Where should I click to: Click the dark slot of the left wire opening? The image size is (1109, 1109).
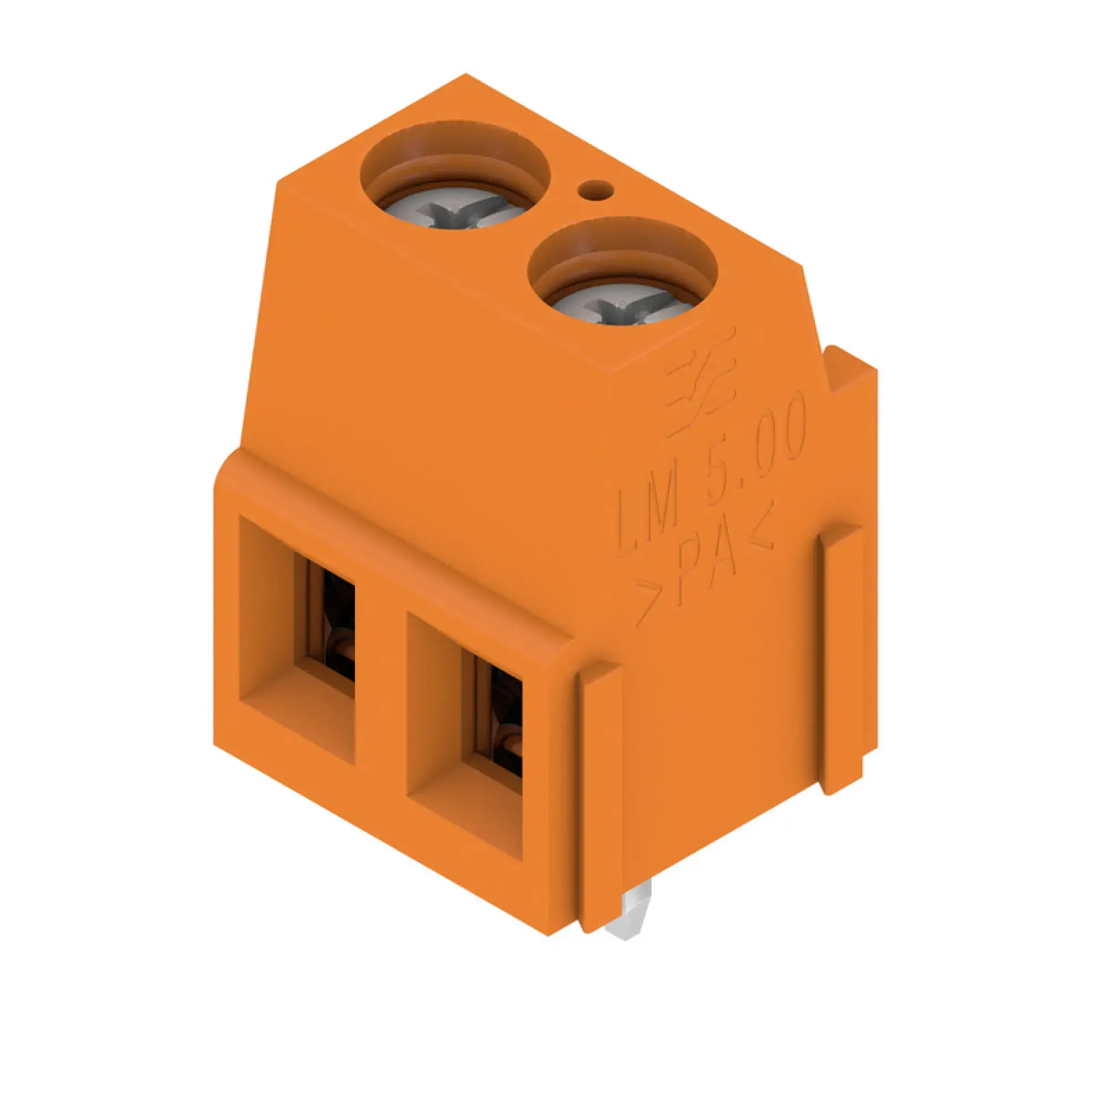(339, 623)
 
